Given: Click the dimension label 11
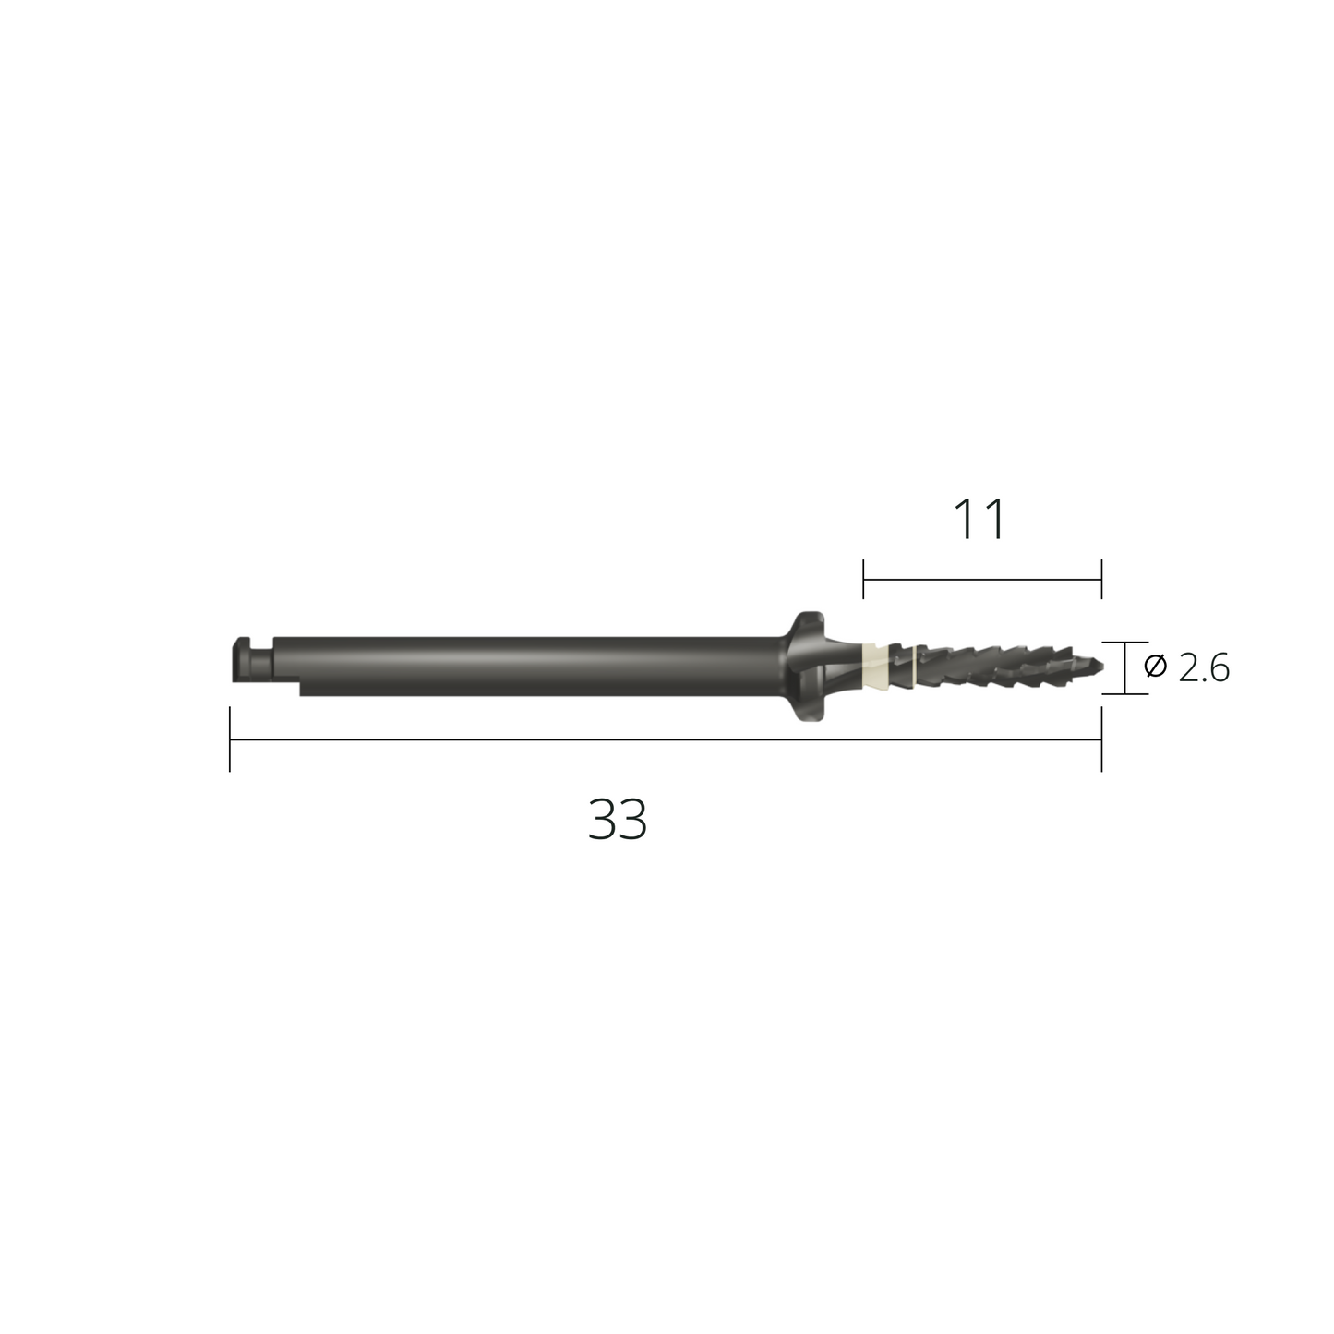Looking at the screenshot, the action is [979, 520].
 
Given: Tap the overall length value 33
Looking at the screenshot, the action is [618, 820].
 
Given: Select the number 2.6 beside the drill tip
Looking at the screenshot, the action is [1204, 668].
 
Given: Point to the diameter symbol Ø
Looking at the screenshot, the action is [1156, 667].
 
